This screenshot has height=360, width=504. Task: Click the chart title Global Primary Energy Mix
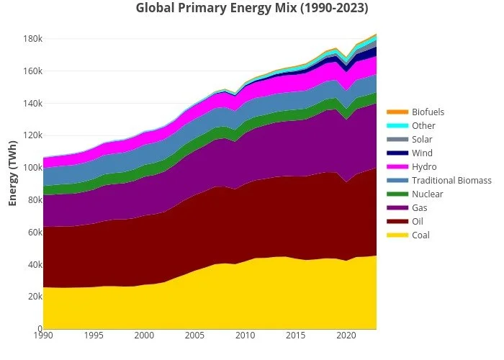pos(252,9)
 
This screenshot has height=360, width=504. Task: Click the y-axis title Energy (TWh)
pos(13,173)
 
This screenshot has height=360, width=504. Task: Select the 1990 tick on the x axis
pos(43,336)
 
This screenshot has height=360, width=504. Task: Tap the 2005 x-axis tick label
pos(194,336)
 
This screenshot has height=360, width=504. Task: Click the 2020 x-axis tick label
pos(346,336)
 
